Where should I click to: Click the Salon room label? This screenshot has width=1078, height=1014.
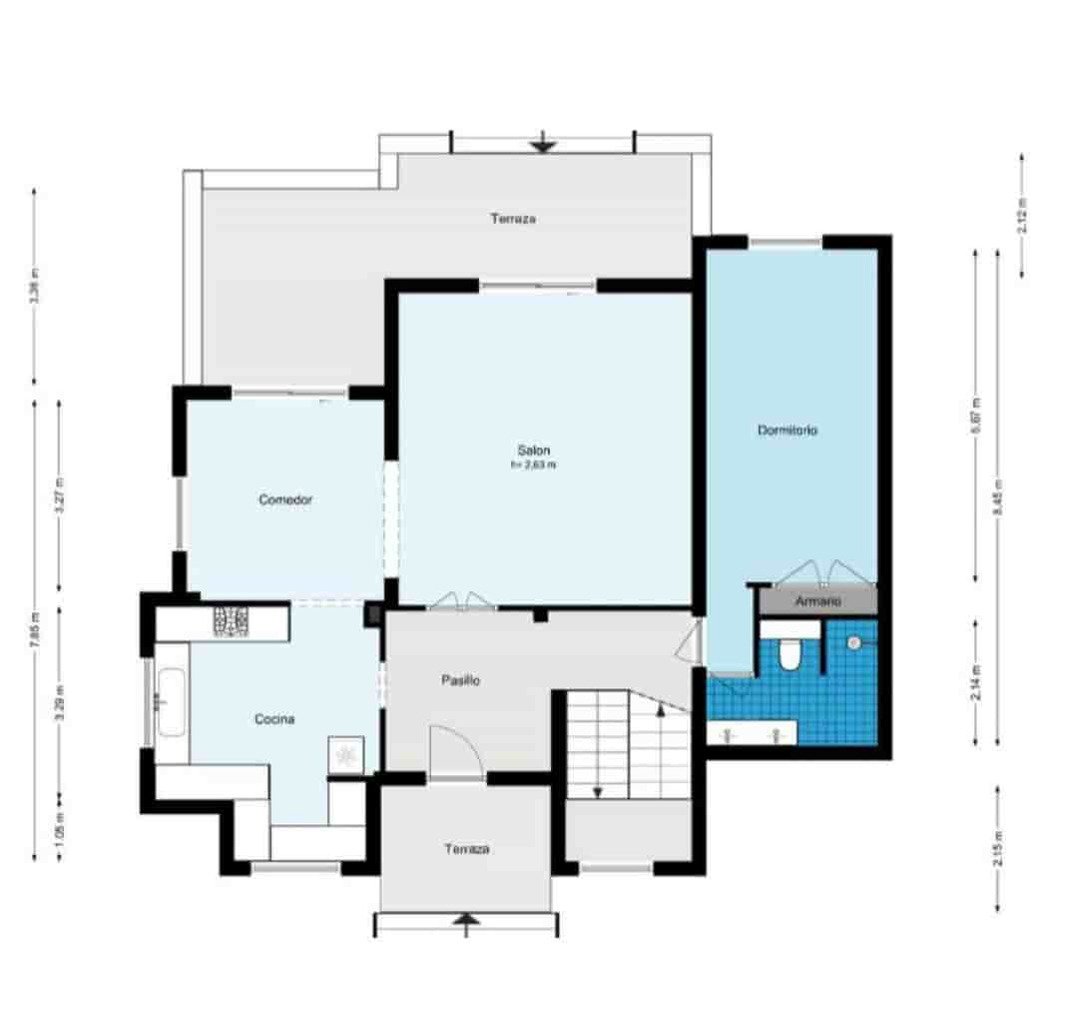tap(533, 450)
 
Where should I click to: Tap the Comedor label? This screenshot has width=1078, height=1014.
tap(285, 500)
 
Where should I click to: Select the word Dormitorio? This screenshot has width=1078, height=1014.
tap(788, 430)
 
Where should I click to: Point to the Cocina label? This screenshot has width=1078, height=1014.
tap(274, 718)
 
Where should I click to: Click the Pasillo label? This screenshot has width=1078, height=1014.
tap(461, 680)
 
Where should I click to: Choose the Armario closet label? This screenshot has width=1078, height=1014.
tap(817, 601)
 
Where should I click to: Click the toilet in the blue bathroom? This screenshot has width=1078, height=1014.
tap(789, 653)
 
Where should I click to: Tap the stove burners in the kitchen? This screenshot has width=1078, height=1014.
tap(231, 623)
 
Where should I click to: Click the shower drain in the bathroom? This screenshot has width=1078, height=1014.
tap(853, 643)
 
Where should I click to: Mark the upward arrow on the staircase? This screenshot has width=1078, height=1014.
tap(661, 710)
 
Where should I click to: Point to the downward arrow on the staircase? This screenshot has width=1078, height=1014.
tap(597, 791)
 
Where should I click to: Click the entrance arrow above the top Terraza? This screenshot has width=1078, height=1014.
tap(543, 144)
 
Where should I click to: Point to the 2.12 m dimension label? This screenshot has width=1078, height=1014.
tap(1021, 216)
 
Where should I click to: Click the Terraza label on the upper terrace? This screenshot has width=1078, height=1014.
tap(513, 218)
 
